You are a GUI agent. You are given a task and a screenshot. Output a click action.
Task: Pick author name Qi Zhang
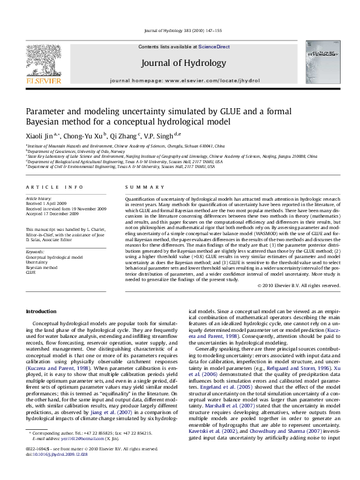tap(126, 137)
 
